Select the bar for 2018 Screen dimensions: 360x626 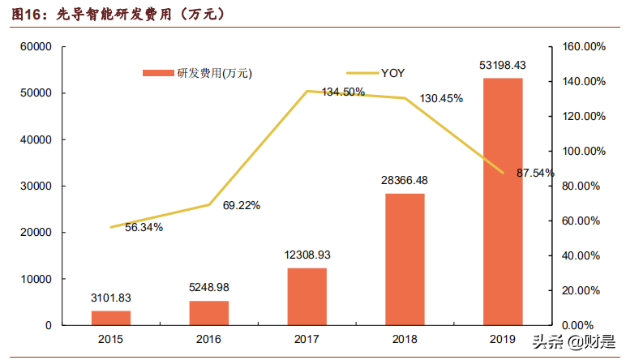tap(405, 259)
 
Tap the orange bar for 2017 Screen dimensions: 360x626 tap(307, 296)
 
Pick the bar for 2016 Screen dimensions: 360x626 tap(208, 312)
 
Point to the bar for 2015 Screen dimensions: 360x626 tap(110, 317)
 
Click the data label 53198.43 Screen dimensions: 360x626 tap(503, 65)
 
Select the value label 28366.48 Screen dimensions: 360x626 tap(405, 181)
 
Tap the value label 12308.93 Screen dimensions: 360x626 tap(307, 255)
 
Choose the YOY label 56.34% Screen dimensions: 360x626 tap(144, 228)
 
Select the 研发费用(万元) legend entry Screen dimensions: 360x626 tap(198, 73)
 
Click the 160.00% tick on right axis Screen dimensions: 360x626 tap(581, 47)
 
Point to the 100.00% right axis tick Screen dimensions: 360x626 tap(581, 152)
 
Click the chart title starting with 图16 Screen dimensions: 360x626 tap(114, 15)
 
